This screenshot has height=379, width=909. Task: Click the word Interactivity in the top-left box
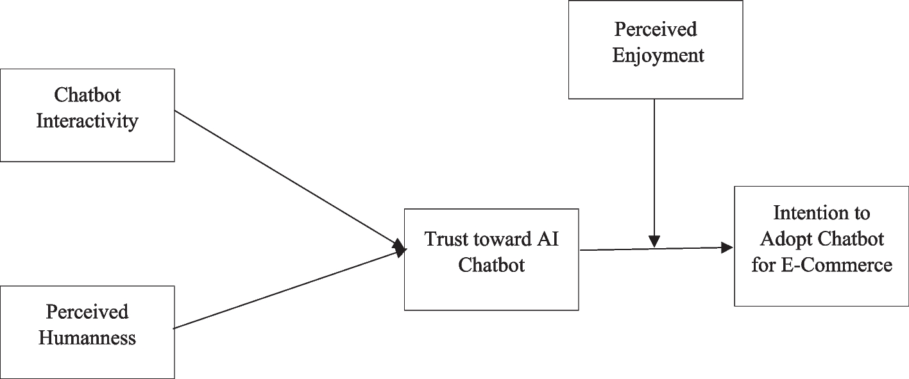[x=87, y=121]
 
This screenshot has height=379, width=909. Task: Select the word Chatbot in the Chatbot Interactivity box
[x=87, y=95]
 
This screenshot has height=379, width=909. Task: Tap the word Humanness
[x=87, y=338]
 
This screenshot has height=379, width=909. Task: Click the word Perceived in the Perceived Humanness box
[x=87, y=312]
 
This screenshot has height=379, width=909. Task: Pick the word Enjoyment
[x=658, y=55]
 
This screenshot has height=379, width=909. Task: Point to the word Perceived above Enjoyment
[x=656, y=29]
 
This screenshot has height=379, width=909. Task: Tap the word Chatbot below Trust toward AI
[x=491, y=265]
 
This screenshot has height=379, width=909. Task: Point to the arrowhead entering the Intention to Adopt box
[x=727, y=248]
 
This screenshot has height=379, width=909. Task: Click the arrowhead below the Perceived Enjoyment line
[x=654, y=242]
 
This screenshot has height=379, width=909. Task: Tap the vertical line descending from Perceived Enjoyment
[x=654, y=167]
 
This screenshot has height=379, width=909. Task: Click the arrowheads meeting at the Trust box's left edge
[x=400, y=248]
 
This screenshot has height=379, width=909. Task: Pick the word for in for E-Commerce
[x=763, y=264]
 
